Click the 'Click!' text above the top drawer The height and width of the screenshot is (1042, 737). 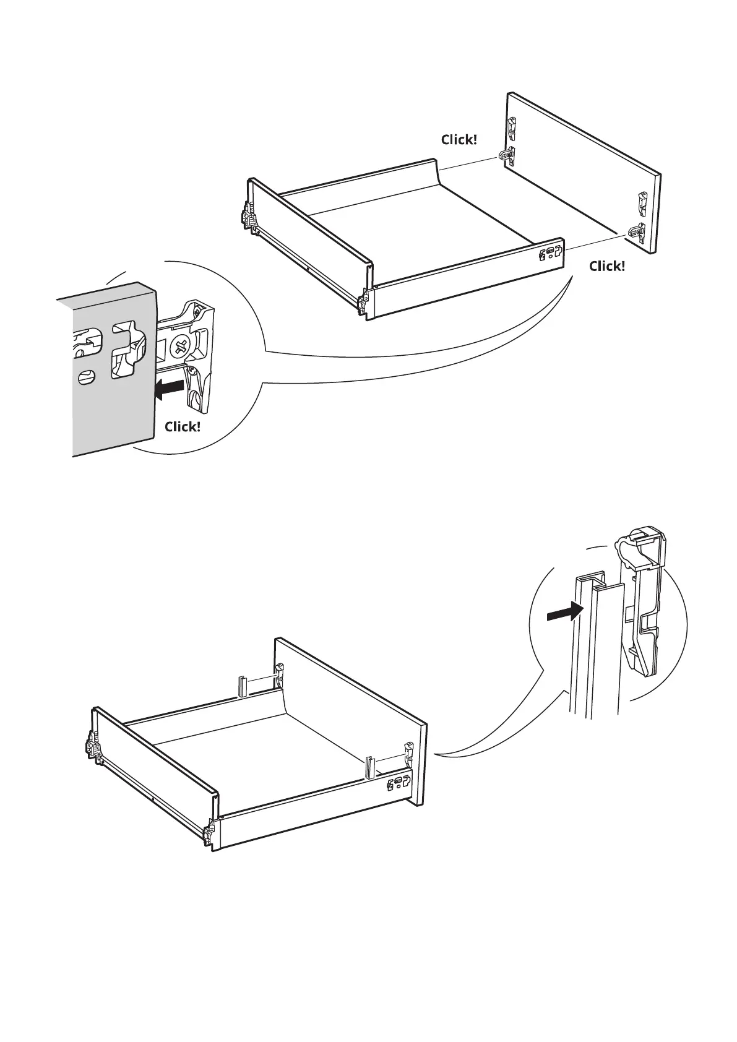[459, 140]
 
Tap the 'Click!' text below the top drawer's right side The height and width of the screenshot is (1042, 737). [606, 266]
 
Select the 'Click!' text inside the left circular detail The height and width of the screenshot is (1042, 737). [183, 427]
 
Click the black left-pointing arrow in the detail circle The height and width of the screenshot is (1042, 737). [169, 389]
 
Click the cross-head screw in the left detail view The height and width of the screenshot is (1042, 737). [181, 346]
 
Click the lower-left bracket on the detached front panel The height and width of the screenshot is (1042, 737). [507, 155]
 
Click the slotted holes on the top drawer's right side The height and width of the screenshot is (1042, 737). [550, 253]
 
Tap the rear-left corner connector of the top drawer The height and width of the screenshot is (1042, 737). [249, 218]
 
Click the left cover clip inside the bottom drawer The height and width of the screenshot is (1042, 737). [242, 686]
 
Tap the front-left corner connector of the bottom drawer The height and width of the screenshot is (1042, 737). [210, 830]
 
